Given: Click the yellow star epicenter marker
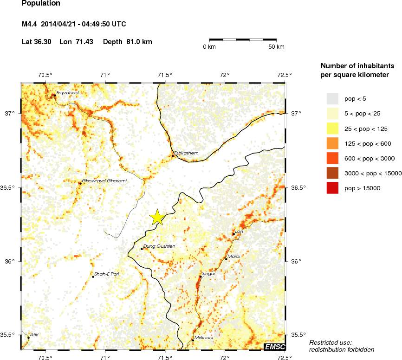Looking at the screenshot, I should coord(157,217).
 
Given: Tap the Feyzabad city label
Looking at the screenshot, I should coord(67,93).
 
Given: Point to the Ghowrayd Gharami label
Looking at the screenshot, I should coord(104,180).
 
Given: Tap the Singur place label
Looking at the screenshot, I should coord(208,274).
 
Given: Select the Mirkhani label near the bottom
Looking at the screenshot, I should coord(204,337).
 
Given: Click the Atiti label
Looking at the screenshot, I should coord(34,334).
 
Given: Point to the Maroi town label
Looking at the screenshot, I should coord(233,256).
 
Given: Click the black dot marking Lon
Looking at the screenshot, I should coord(233,234).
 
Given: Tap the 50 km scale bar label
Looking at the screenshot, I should coord(276,47).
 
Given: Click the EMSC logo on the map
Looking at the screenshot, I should coord(274,347).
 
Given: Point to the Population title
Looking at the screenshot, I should coord(41,3).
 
